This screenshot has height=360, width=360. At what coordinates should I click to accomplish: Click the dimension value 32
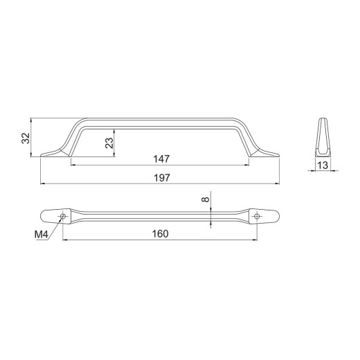pos(26,138)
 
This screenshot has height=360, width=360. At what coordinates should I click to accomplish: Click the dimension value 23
pos(109,143)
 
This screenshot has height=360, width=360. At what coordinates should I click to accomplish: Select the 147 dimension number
pos(161,159)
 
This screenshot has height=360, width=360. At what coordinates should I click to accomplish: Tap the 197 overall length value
pos(162,178)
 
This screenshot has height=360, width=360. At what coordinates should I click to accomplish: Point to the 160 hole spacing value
pos(160,234)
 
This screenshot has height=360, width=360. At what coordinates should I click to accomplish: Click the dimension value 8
pos(206,199)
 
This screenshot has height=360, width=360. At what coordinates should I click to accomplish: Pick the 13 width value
pos(323,165)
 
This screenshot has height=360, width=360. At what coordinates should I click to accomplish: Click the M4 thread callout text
pos(42,235)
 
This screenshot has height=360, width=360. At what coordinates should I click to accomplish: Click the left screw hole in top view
pos(62,216)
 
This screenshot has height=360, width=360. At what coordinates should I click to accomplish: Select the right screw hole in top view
pos(257,216)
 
